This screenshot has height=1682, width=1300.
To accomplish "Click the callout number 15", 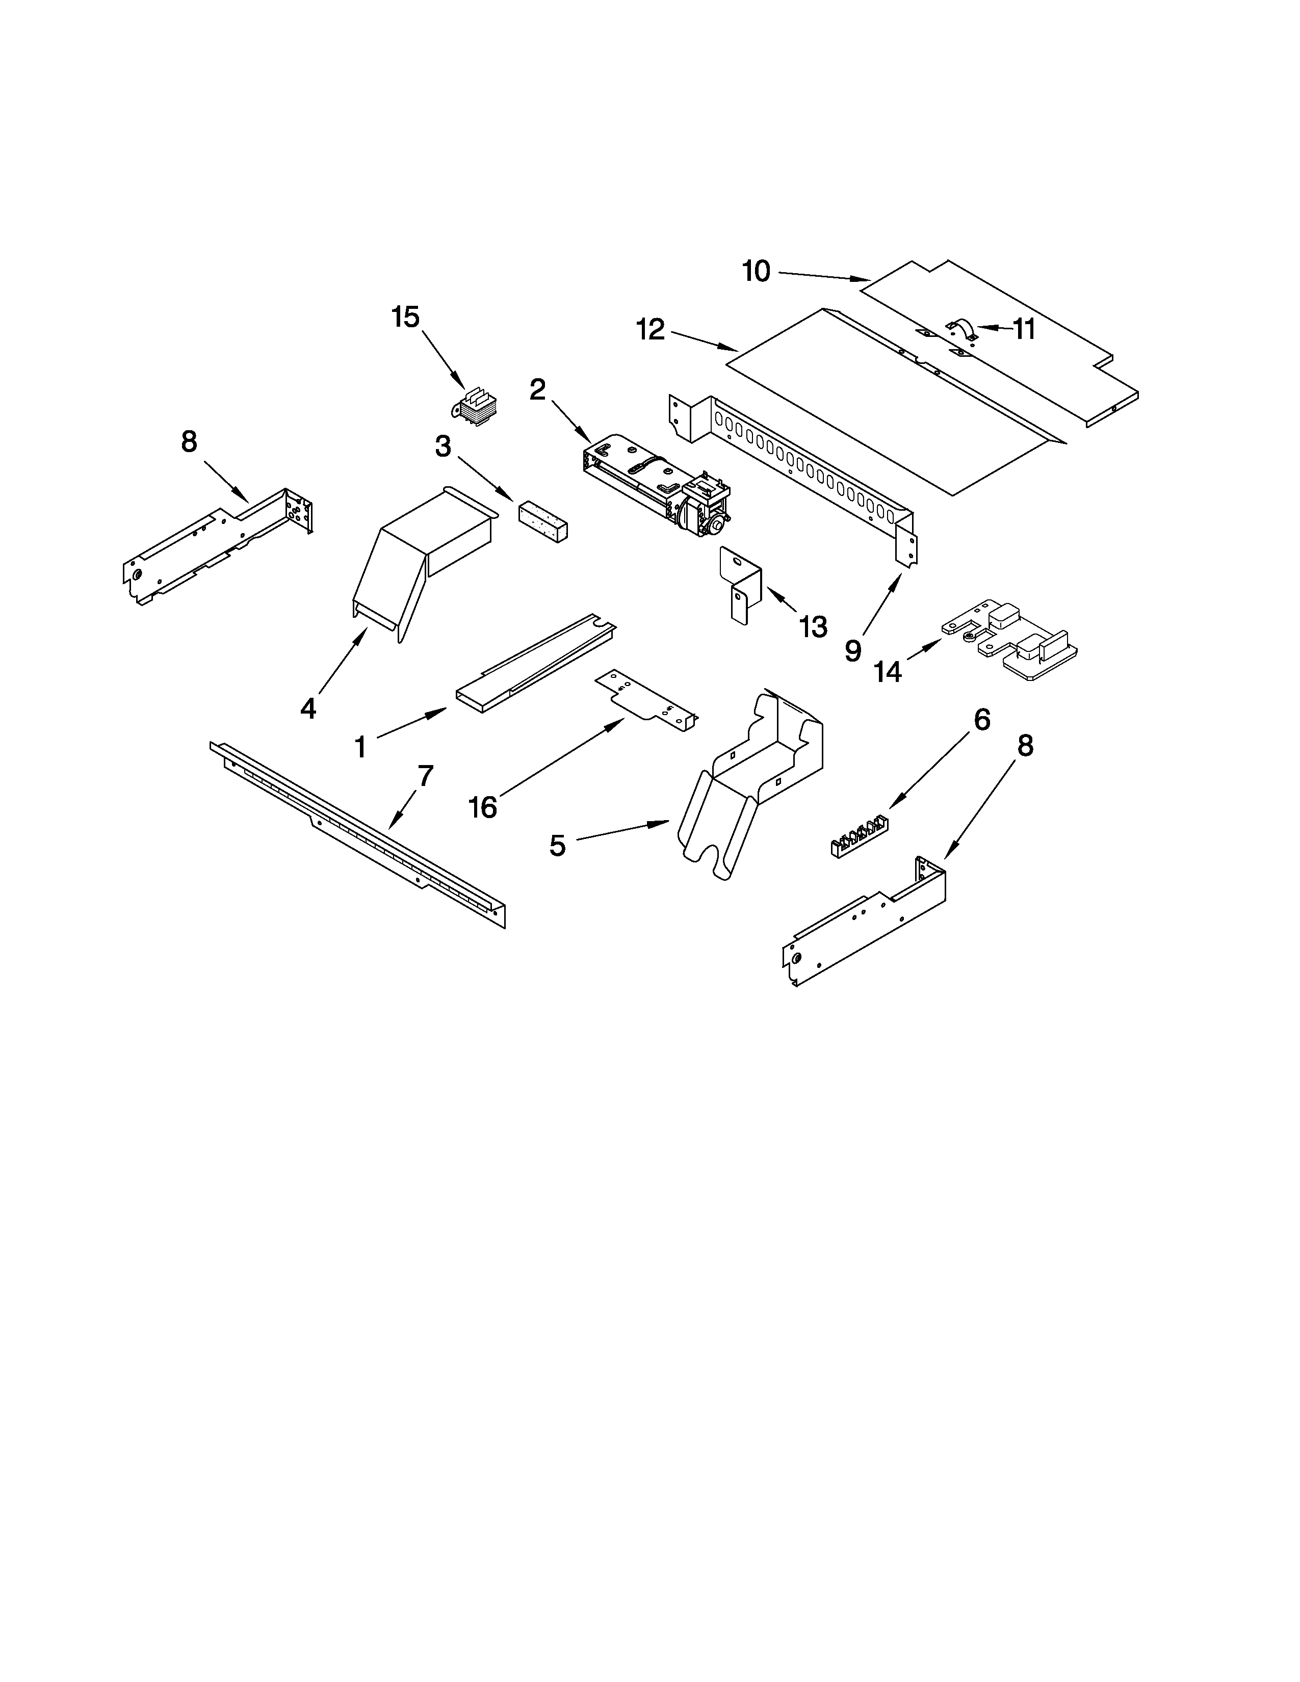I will tap(405, 318).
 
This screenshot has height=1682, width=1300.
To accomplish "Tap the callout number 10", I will tap(756, 271).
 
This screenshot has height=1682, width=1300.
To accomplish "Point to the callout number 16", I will tap(483, 808).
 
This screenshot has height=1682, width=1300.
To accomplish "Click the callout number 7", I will tap(426, 776).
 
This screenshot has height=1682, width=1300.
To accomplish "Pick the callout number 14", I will tap(888, 672).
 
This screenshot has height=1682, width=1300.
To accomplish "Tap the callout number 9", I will tap(852, 651).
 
